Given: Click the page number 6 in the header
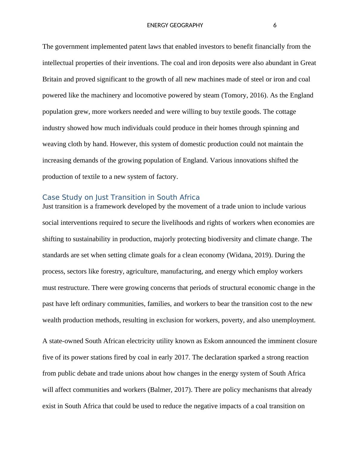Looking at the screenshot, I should pyautogui.click(x=275, y=25).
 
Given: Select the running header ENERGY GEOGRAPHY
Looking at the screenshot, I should pyautogui.click(x=175, y=25).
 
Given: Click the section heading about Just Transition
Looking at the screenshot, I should pyautogui.click(x=121, y=197).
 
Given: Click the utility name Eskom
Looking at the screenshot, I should pyautogui.click(x=214, y=341).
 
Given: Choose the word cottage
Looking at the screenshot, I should pyautogui.click(x=285, y=112).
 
